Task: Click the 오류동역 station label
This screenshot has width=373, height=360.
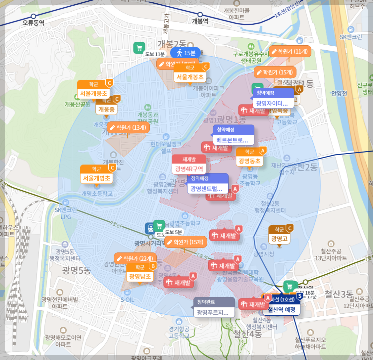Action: coord(33,23)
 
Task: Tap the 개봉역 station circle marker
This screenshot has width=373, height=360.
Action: coord(200,15)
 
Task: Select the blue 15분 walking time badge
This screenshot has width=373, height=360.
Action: coord(186,53)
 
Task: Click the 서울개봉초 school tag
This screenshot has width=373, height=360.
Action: coord(190,77)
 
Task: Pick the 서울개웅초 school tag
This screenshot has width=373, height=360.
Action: coord(94,93)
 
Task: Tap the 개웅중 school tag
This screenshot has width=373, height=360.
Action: coord(106,109)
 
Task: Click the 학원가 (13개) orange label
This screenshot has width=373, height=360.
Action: coord(128,127)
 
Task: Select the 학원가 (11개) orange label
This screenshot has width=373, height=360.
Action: coord(290,51)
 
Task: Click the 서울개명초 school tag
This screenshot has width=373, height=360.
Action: coord(96,178)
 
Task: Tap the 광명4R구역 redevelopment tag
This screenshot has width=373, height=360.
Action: coord(189,168)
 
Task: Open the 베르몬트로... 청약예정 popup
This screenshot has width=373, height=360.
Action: coord(233,140)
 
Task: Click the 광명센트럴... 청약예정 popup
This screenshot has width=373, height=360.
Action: coord(208,188)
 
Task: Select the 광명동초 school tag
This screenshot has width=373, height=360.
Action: coord(249,161)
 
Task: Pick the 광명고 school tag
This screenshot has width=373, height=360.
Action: coord(279,239)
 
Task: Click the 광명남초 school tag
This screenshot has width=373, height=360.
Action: coord(140,276)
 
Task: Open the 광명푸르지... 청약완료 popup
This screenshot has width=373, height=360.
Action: coord(214,312)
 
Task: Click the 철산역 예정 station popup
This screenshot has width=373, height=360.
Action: coord(281,309)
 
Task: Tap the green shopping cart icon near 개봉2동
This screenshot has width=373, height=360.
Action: coord(139,48)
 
